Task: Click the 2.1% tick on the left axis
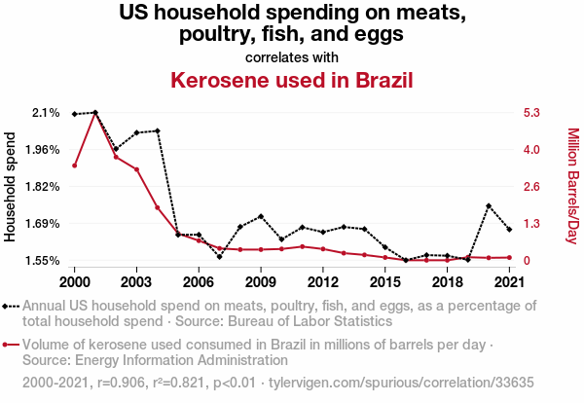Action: [46, 113]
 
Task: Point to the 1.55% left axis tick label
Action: [42, 261]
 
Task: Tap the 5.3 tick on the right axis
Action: [532, 113]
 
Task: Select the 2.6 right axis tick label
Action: [532, 187]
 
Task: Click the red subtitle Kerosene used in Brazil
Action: [292, 80]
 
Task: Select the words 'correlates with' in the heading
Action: [292, 55]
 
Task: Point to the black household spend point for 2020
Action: [489, 206]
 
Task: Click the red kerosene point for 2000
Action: [75, 165]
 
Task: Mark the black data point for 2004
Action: [157, 130]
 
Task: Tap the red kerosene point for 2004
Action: [157, 207]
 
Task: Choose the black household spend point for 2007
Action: [219, 257]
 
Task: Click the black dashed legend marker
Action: [11, 305]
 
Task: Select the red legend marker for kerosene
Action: [11, 345]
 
